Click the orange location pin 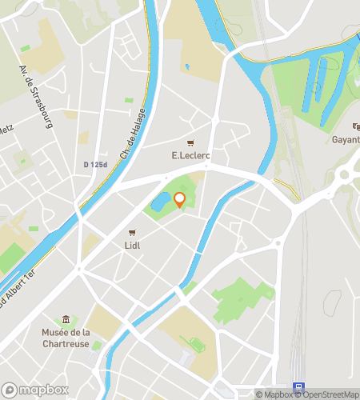179,200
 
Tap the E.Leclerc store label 190,154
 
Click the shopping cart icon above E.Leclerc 190,142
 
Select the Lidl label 132,246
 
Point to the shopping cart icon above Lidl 132,233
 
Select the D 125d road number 94,165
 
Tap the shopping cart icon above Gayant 356,126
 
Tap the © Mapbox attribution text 275,394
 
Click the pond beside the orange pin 160,201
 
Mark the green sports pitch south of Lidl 194,344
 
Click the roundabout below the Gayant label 347,173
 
